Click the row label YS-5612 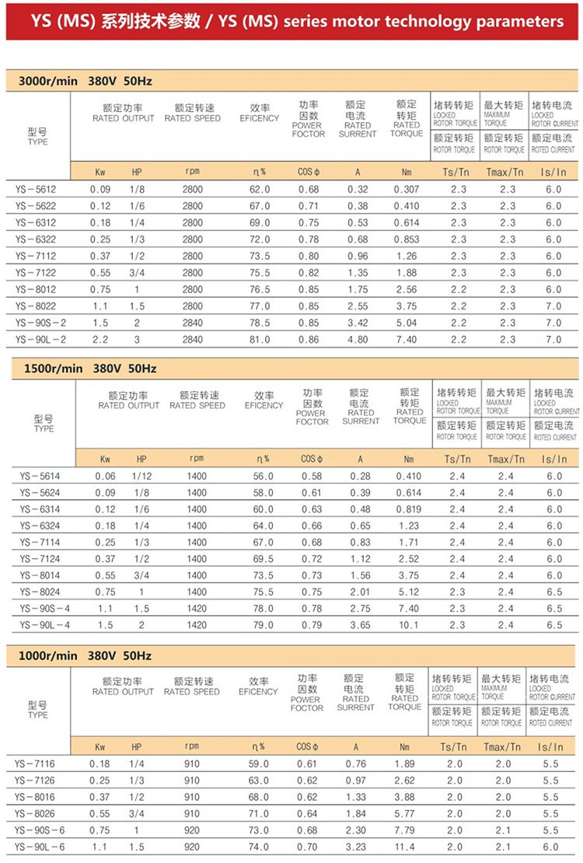click(35, 189)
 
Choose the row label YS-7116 click(35, 764)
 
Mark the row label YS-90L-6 click(38, 847)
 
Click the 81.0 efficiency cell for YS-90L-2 click(259, 340)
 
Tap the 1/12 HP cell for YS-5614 click(141, 476)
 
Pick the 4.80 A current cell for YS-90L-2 click(358, 340)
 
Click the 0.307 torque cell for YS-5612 click(407, 189)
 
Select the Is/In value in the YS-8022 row click(553, 306)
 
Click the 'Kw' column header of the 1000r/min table click(99, 747)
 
